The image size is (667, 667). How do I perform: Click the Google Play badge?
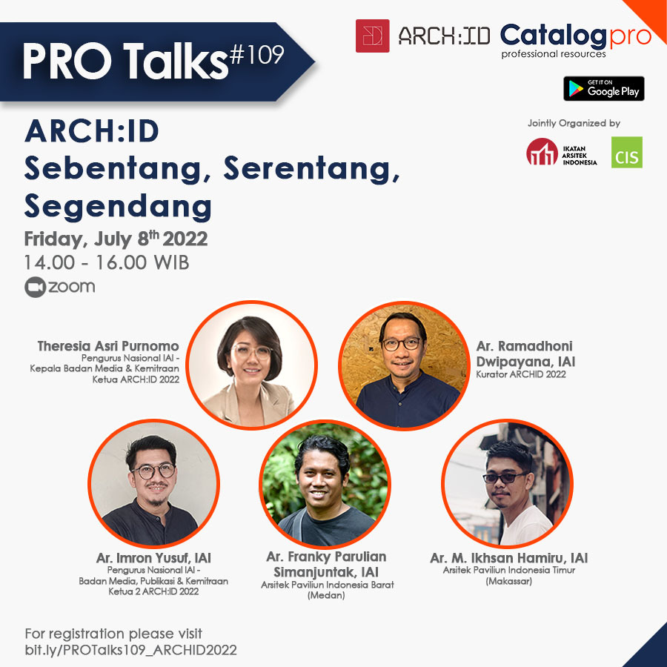603,88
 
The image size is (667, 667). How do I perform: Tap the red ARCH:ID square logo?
372,36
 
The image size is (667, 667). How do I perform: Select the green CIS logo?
626,152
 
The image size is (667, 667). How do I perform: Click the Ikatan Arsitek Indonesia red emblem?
542,151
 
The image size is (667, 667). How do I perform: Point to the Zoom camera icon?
35,287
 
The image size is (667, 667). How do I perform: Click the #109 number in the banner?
256,54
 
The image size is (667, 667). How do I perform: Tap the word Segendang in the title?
118,207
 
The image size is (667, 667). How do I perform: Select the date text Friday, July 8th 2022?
116,239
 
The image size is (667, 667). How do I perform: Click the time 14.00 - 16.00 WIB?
106,262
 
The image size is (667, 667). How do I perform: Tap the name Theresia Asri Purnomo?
108,346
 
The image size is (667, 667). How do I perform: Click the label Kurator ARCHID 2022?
521,374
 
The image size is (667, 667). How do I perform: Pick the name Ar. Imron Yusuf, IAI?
153,557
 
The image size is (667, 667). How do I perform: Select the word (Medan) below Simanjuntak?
326,595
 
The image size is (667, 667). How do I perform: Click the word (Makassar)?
508,581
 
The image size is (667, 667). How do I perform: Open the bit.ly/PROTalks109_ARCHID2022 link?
130,650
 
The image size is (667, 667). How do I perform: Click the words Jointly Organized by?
574,123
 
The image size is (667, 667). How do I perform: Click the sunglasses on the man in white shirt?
505,477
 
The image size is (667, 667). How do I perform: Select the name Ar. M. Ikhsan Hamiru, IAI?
508,557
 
